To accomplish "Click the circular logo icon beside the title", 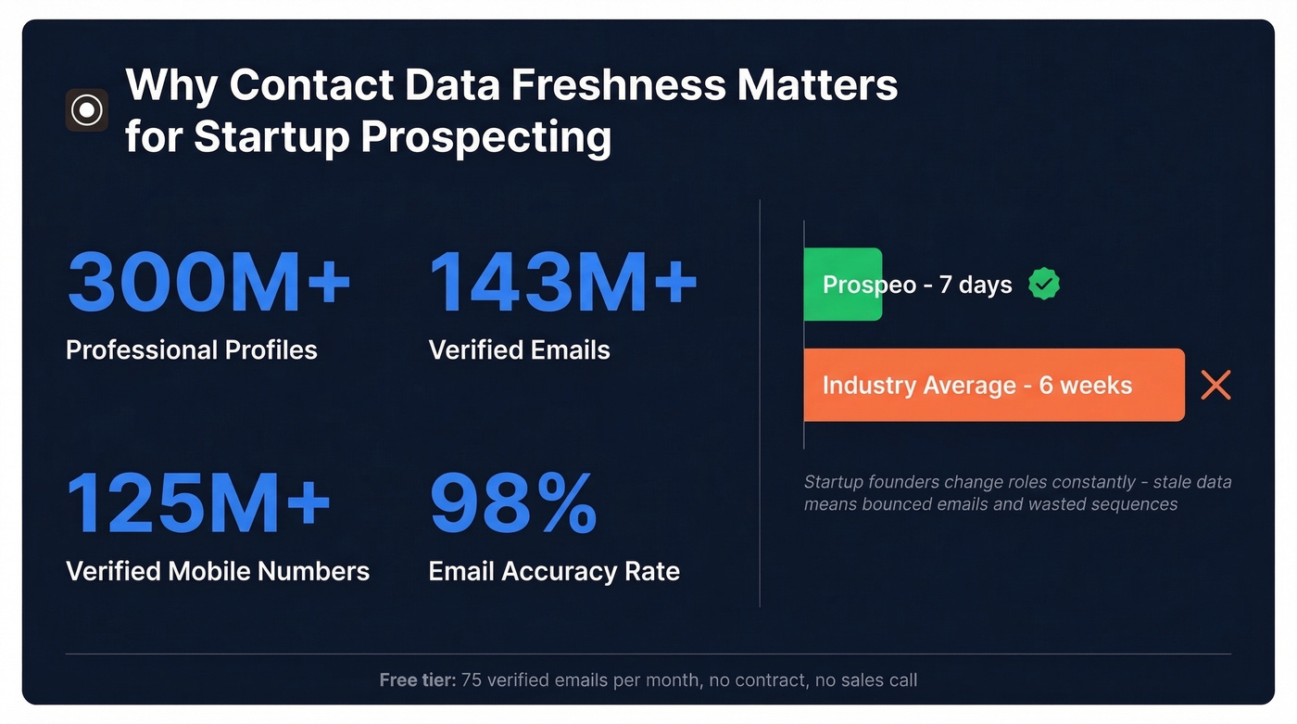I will (87, 110).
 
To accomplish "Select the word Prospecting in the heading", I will (485, 137).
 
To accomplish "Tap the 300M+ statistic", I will (208, 280).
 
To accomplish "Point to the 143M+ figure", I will (562, 280).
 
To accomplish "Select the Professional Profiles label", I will (192, 350).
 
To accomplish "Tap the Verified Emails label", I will (519, 350).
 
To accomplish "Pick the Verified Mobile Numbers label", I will (218, 571).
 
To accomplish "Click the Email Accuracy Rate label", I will (554, 571).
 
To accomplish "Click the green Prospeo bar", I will (842, 285).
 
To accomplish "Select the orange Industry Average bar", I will (993, 385).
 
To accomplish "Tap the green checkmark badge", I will (1044, 285).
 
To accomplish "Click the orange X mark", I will (1215, 385).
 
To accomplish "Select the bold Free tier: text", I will (417, 680).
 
